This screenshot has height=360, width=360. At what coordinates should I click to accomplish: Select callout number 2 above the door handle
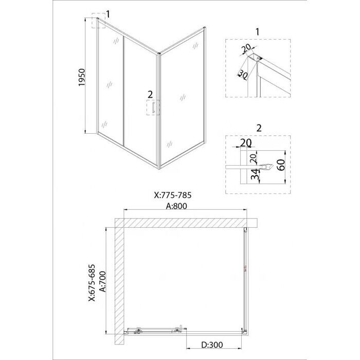150,94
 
